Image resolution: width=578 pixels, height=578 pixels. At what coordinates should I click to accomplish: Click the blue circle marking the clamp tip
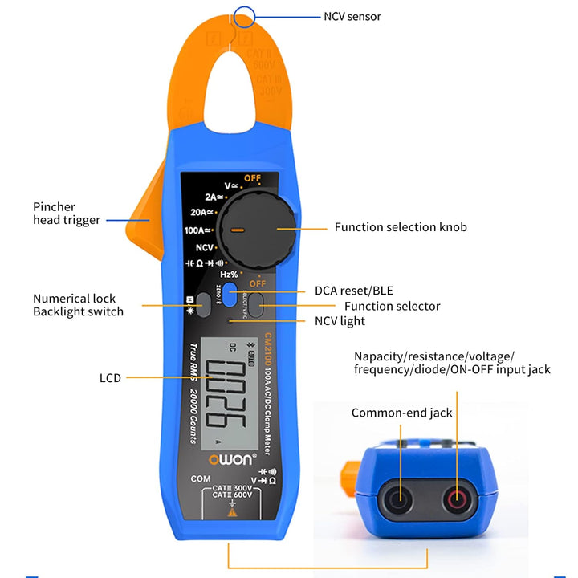pyautogui.click(x=243, y=14)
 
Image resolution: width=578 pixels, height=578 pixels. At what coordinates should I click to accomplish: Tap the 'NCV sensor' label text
pyautogui.click(x=352, y=16)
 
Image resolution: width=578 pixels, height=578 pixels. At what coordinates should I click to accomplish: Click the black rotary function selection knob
pyautogui.click(x=254, y=230)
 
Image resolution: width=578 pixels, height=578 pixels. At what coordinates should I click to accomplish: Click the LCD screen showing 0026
pyautogui.click(x=226, y=394)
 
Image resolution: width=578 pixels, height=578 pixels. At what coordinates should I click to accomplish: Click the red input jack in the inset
pyautogui.click(x=458, y=500)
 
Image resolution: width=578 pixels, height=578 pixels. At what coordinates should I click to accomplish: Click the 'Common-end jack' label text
pyautogui.click(x=401, y=413)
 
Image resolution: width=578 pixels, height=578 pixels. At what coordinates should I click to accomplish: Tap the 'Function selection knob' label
pyautogui.click(x=401, y=227)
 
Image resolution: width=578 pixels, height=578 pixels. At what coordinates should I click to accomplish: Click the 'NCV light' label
pyautogui.click(x=340, y=321)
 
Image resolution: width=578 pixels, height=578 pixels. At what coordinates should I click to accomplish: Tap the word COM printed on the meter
pyautogui.click(x=200, y=478)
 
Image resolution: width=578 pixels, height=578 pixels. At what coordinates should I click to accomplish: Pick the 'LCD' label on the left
pyautogui.click(x=110, y=377)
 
